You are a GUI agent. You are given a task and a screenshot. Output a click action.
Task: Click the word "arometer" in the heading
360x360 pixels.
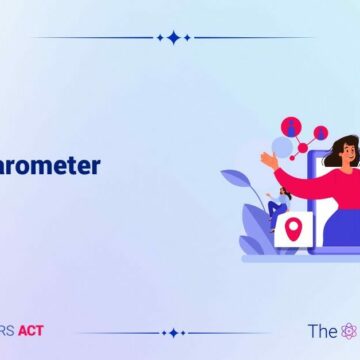click(50, 165)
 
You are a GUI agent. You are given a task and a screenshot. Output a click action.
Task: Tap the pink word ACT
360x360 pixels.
click(30, 331)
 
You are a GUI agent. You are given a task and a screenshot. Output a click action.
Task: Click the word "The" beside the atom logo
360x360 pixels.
click(321, 331)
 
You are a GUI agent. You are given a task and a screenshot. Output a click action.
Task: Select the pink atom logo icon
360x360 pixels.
click(348, 331)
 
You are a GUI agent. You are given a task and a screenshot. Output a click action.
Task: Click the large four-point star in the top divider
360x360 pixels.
click(174, 37)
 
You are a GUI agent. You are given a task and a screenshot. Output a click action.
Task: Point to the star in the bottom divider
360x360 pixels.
click(174, 332)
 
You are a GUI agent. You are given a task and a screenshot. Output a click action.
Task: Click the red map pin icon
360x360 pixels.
click(294, 229)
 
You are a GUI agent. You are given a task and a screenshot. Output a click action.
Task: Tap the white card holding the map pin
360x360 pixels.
click(294, 231)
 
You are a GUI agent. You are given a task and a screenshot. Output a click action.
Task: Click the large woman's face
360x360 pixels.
click(336, 158)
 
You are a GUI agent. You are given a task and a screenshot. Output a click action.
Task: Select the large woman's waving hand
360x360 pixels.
click(268, 159)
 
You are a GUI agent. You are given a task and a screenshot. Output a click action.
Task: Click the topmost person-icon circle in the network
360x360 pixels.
click(291, 126)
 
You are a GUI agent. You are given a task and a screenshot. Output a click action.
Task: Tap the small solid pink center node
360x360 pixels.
click(302, 147)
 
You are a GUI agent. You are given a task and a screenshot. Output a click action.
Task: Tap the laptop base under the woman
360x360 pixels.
click(300, 258)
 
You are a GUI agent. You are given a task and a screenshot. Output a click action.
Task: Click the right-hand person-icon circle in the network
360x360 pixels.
click(320, 132)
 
